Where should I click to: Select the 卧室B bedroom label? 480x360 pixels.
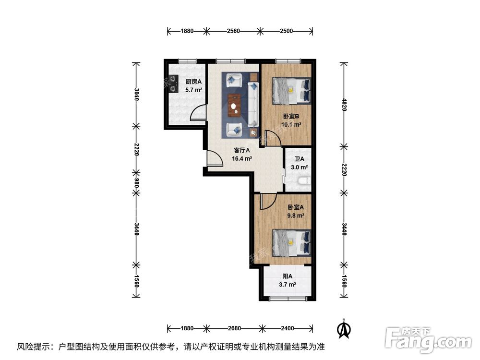pos(291,116)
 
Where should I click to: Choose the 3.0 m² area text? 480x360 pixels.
pos(300,168)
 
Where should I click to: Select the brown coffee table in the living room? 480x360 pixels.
pos(234,104)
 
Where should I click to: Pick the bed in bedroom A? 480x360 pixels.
pos(291,242)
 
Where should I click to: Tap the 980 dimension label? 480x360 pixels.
pos(136,182)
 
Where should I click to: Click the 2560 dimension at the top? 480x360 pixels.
pos(233,31)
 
